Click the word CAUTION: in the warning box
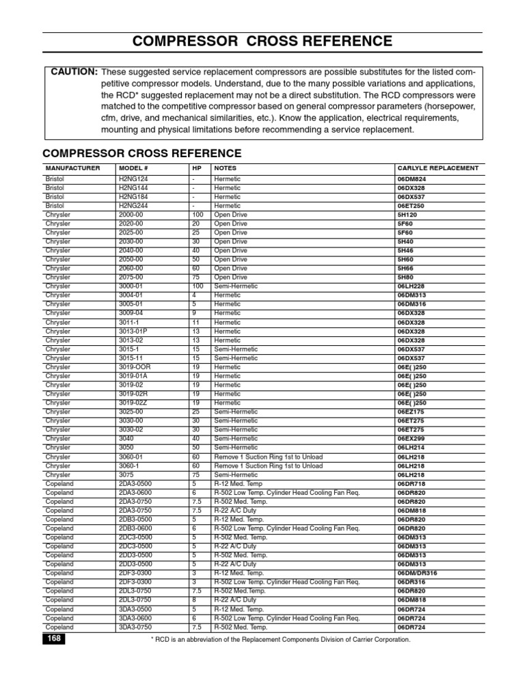(x=71, y=72)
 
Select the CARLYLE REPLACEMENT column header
(x=437, y=168)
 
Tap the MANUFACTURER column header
(x=72, y=168)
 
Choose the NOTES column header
(x=226, y=168)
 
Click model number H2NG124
(x=133, y=179)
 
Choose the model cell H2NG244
(x=133, y=206)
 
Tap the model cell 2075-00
(x=131, y=278)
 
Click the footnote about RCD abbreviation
(x=280, y=640)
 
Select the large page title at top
(x=262, y=42)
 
